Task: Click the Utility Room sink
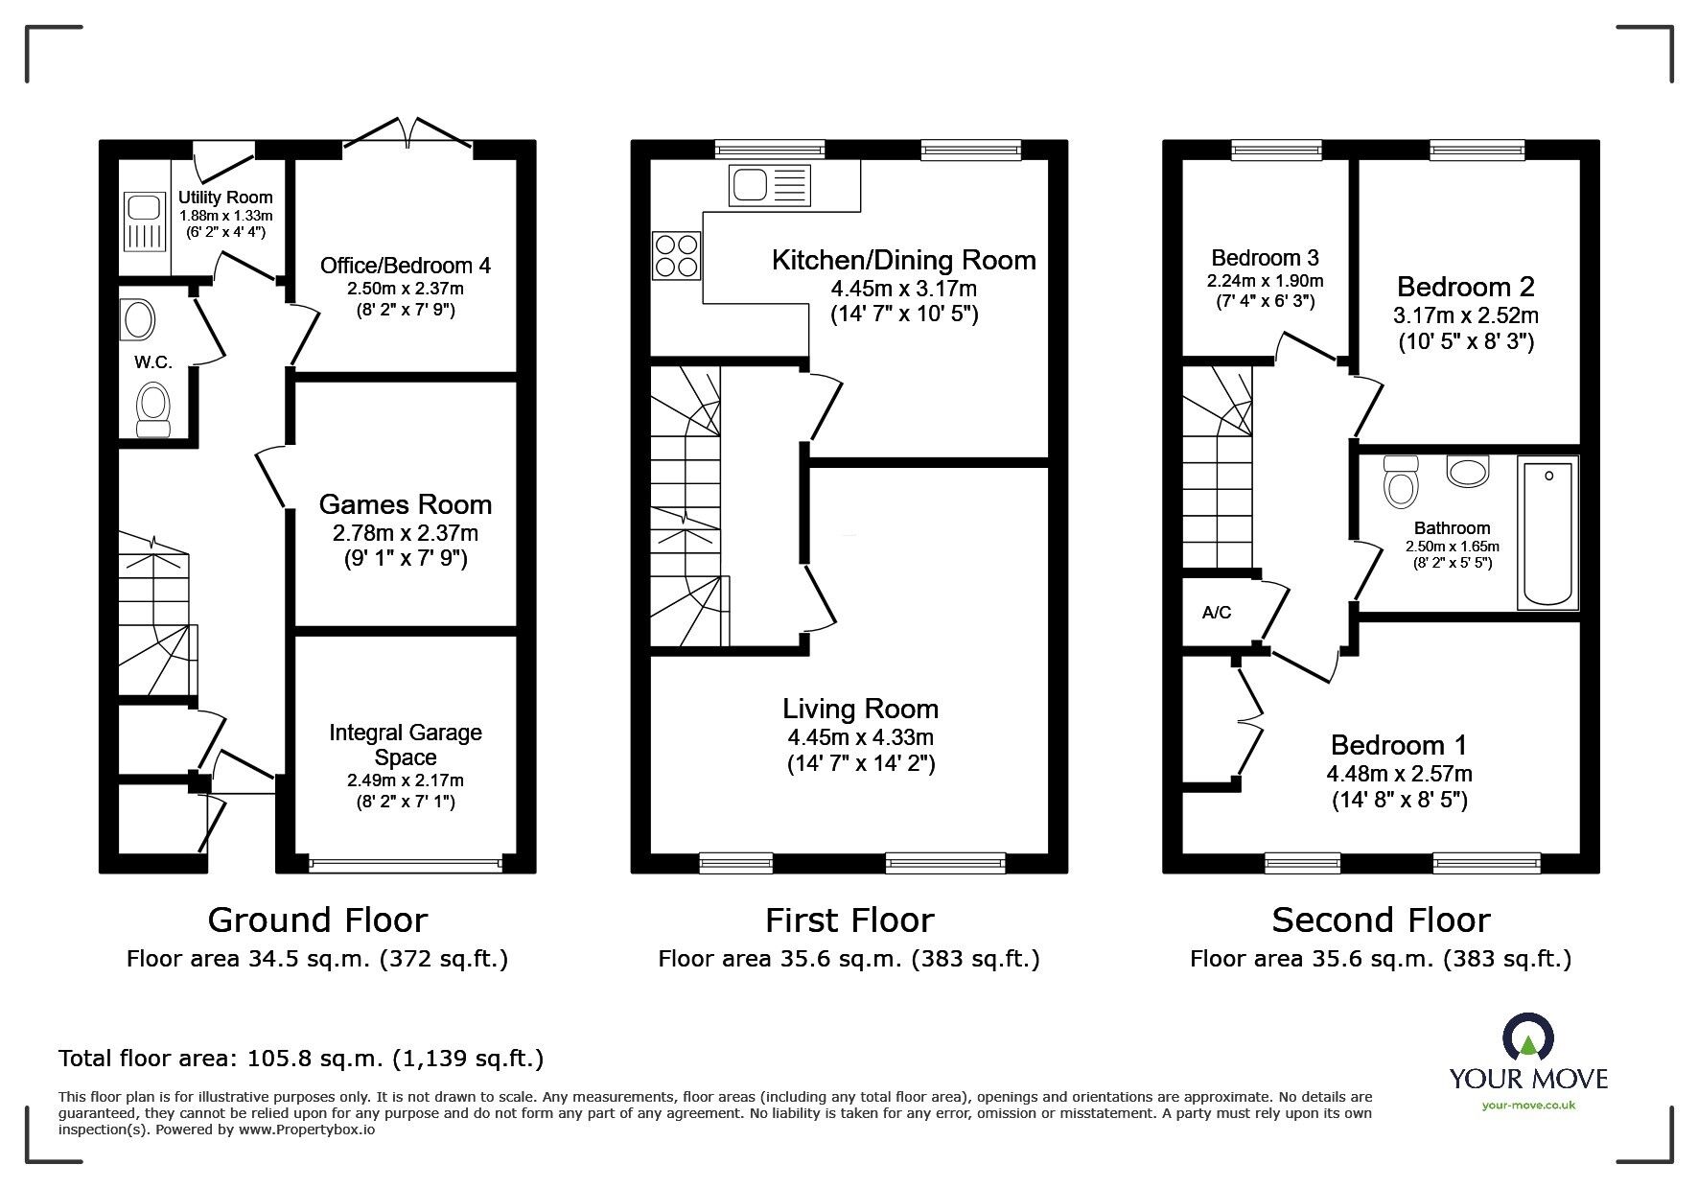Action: coord(145,221)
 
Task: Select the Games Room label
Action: coord(405,504)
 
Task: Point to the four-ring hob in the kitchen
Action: coord(676,255)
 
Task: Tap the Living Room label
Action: coord(860,709)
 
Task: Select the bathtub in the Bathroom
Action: coord(1547,532)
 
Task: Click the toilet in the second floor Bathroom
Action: coord(1402,480)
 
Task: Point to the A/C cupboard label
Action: coord(1216,612)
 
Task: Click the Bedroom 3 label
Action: coord(1265,258)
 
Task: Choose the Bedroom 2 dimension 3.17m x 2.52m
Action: coord(1465,315)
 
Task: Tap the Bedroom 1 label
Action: coord(1399,745)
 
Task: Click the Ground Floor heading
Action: coord(317,920)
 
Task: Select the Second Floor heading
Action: coord(1381,920)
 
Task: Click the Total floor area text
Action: coord(301,1059)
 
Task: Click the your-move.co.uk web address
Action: coord(1528,1106)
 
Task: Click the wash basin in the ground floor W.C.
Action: coord(138,319)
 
